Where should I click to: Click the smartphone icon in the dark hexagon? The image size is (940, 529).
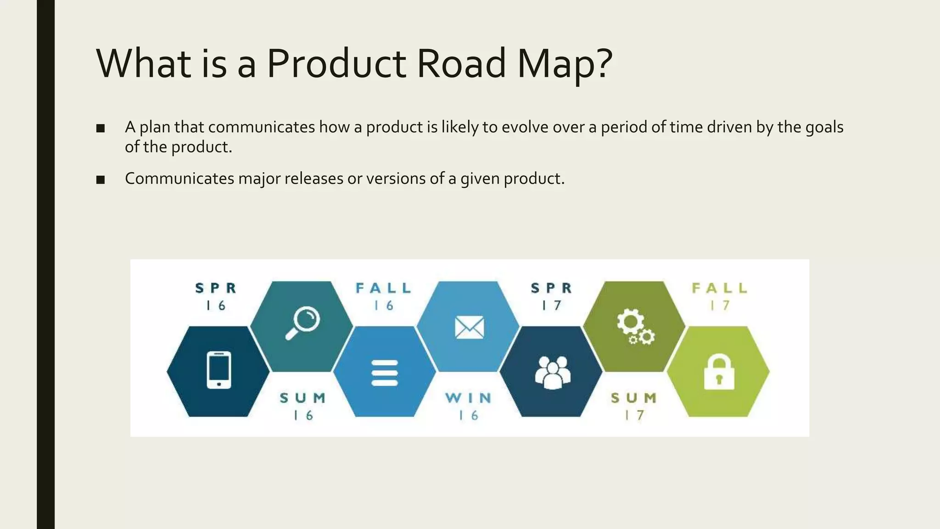(x=218, y=370)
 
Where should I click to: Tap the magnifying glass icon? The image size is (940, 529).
(x=303, y=322)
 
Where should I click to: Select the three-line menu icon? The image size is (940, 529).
(x=385, y=373)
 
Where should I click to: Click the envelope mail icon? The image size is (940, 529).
(x=469, y=327)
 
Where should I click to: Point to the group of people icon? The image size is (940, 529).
(x=553, y=372)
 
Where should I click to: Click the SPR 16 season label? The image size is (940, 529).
(x=216, y=297)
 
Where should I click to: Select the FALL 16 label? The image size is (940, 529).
(x=384, y=297)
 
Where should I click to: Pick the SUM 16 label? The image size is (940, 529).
(x=303, y=406)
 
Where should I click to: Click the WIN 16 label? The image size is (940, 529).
(x=469, y=406)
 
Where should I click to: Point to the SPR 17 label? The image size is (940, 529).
(x=552, y=297)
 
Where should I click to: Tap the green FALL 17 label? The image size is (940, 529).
(x=720, y=297)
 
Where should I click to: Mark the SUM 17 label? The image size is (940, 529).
(x=634, y=406)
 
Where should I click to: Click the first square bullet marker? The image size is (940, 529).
(x=101, y=129)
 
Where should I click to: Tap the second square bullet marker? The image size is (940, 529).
(x=101, y=180)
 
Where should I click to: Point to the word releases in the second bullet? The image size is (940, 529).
(x=314, y=179)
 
